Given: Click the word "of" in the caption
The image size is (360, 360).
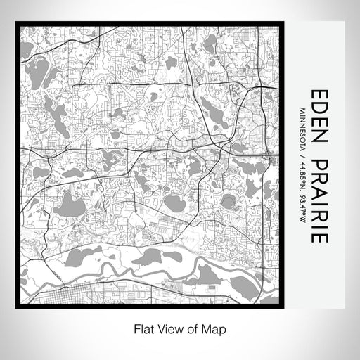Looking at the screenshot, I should (184, 328).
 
